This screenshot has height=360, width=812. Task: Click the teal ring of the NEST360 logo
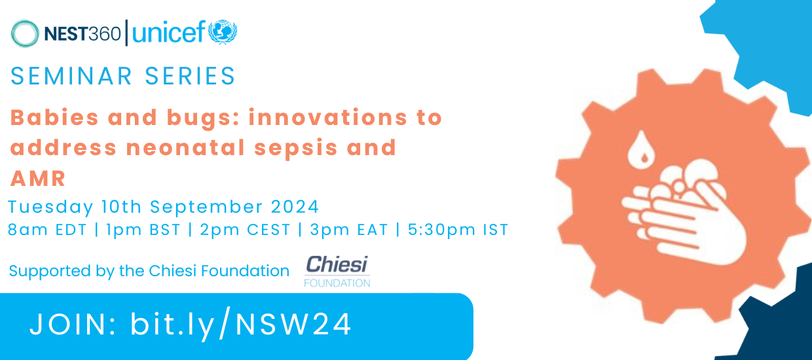coord(25,33)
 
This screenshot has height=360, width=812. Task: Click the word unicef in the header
coord(168,33)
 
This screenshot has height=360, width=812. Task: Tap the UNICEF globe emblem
coord(223,32)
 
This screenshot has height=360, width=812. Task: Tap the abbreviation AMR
coord(39,179)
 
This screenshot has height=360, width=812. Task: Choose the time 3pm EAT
coord(350,230)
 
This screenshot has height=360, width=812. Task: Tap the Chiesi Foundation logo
coord(337,270)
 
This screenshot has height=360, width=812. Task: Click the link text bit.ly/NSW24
coord(241,324)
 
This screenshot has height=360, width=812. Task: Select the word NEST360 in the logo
coord(83,33)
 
